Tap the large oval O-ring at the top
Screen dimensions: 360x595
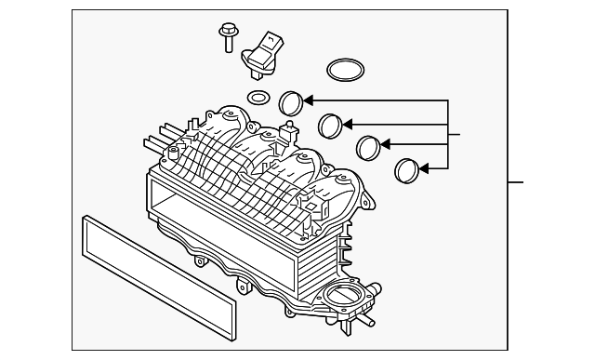coord(345,70)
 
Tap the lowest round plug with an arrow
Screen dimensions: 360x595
coord(407,169)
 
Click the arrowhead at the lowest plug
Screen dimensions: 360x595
coord(424,168)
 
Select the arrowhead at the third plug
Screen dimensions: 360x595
coord(387,144)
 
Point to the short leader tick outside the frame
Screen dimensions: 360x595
coord(517,181)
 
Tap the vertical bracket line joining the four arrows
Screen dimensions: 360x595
coord(450,135)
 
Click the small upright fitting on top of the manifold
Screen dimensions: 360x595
coord(291,127)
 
